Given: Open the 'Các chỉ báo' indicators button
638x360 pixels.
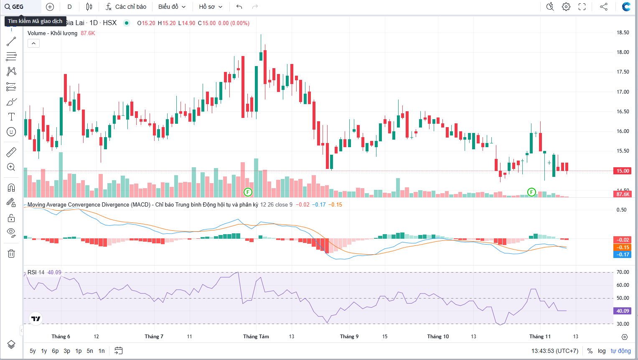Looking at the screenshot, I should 126,7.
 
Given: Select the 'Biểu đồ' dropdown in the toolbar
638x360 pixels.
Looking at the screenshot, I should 172,7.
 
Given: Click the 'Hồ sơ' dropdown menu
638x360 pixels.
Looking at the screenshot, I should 211,7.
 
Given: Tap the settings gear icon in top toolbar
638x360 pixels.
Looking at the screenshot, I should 566,7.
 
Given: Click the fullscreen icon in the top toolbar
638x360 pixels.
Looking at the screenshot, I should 582,7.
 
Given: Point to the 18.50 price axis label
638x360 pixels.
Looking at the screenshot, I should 623,33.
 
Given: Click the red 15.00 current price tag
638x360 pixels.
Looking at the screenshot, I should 623,171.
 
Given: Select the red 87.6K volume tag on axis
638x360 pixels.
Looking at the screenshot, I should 623,194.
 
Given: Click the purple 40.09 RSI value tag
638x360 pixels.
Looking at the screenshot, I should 623,311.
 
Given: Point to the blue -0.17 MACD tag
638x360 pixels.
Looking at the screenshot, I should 623,254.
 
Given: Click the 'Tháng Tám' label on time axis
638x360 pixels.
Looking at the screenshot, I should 256,337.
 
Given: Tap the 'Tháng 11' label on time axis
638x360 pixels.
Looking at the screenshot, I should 540,337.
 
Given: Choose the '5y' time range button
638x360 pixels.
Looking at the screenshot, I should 33,351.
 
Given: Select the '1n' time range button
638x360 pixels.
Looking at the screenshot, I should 102,351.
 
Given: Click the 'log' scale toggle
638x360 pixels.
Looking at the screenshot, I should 602,351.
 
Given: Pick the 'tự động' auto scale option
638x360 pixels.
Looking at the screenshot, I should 620,351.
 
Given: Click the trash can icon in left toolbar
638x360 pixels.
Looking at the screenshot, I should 11,253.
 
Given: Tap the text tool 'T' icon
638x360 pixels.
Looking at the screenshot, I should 11,117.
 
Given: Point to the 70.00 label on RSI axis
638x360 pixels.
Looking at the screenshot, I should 623,272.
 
